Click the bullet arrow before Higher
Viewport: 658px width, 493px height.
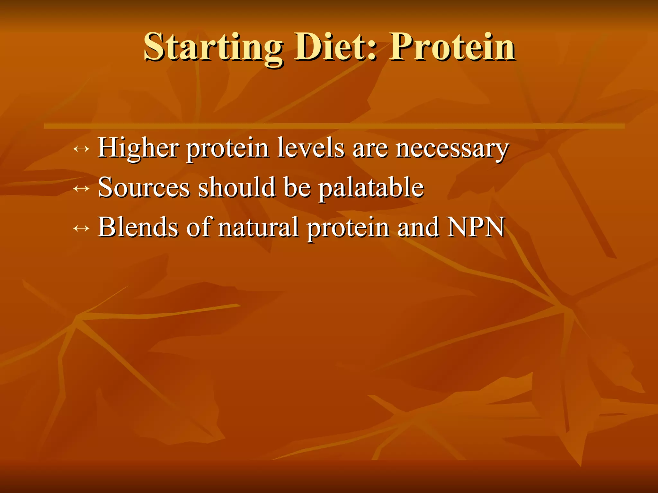pos(81,149)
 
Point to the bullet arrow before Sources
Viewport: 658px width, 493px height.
pos(81,188)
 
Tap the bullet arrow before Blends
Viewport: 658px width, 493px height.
pos(81,228)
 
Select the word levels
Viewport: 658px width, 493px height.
pos(310,148)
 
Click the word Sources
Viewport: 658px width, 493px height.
pos(144,188)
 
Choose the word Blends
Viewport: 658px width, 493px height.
pos(138,227)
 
